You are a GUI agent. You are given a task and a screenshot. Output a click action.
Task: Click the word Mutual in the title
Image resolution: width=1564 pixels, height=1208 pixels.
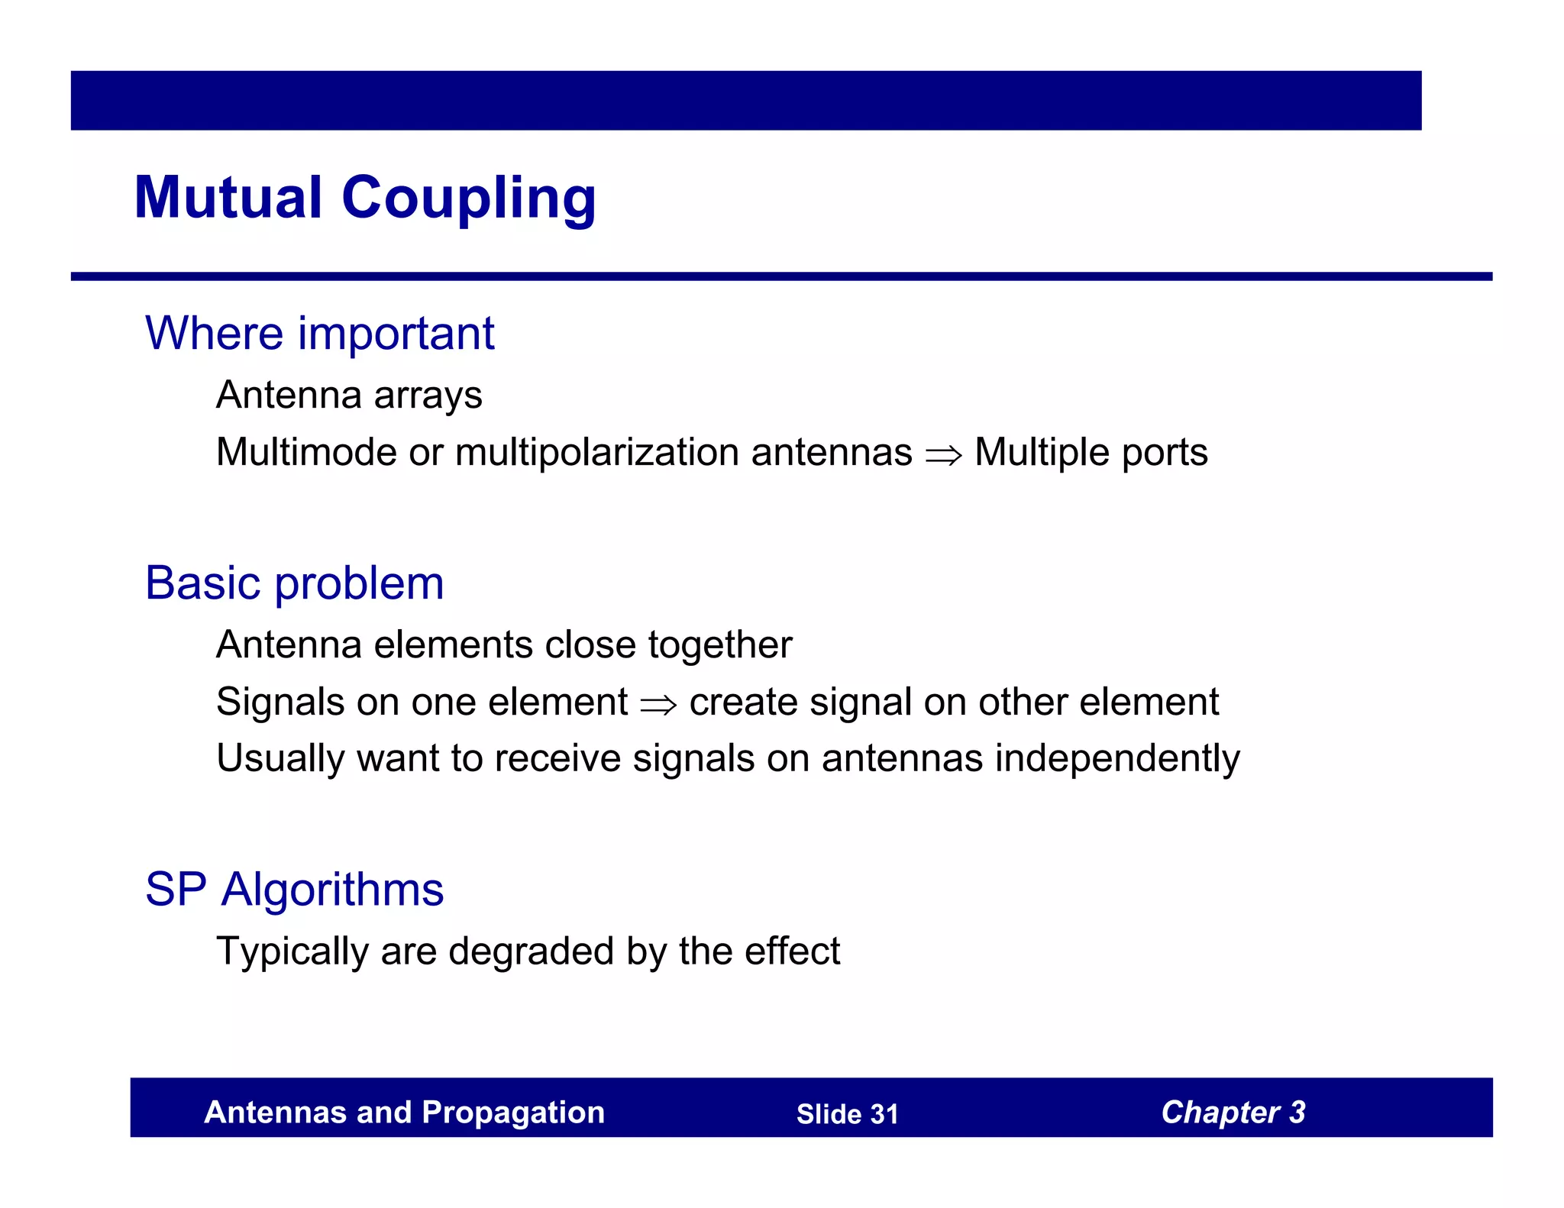click(228, 198)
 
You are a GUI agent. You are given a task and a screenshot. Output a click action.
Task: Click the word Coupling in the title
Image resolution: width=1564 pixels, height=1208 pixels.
click(468, 198)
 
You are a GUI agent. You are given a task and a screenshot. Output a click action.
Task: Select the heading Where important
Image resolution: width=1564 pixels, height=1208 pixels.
click(319, 334)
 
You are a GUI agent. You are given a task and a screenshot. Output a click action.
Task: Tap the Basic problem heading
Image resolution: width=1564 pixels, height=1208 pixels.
click(294, 583)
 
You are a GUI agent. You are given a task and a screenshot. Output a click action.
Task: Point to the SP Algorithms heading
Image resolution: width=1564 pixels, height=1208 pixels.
click(294, 890)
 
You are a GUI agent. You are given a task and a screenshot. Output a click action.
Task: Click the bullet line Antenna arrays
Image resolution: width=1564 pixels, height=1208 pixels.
click(349, 396)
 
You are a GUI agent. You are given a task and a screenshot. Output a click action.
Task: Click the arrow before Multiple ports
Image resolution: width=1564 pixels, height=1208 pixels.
click(943, 455)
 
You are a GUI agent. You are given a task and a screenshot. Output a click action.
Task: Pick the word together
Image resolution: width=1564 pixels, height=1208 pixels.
click(720, 645)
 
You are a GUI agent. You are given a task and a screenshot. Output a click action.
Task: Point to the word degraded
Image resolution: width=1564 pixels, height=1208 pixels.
click(531, 952)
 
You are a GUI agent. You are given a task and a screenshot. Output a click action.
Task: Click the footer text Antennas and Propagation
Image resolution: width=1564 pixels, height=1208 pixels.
click(404, 1113)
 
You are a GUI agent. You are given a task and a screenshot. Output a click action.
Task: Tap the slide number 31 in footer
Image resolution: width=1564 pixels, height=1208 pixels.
click(884, 1114)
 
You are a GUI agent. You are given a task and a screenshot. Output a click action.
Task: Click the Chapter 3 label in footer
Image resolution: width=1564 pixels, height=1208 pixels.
click(1233, 1113)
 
